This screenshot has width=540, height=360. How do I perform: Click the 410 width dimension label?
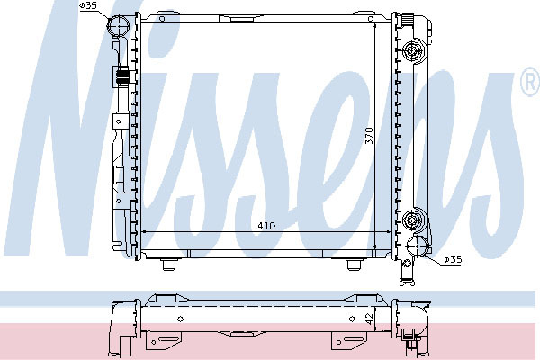tap(266, 226)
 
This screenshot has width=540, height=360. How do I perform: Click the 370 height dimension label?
tap(369, 135)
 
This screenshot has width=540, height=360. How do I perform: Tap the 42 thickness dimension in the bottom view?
tap(369, 319)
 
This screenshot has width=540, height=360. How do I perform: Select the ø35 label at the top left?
tap(88, 5)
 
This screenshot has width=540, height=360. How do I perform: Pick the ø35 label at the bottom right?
tap(453, 259)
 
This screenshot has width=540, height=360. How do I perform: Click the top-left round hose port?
tap(118, 25)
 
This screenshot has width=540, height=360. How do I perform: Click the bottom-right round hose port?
tap(417, 247)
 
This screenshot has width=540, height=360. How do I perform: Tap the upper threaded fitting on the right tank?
tap(412, 51)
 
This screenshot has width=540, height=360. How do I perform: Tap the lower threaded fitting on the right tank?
tap(412, 219)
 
